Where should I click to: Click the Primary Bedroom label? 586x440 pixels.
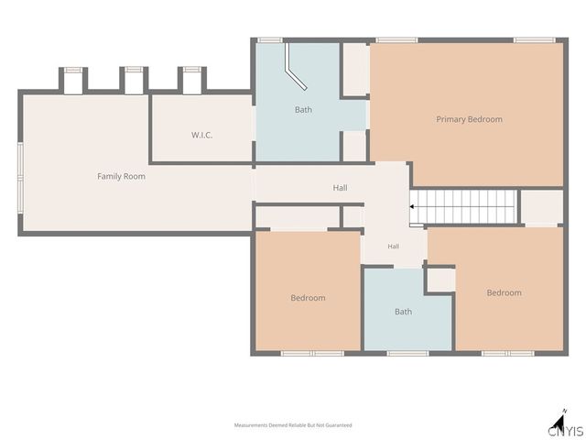pyautogui.click(x=469, y=119)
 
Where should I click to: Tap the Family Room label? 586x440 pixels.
pyautogui.click(x=121, y=176)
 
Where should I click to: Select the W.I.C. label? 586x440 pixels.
pyautogui.click(x=201, y=135)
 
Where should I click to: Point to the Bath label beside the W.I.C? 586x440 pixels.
pyautogui.click(x=303, y=110)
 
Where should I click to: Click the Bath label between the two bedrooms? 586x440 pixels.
pyautogui.click(x=403, y=312)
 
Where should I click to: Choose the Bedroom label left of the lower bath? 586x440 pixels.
pyautogui.click(x=308, y=298)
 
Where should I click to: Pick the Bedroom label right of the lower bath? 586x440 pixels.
pyautogui.click(x=504, y=292)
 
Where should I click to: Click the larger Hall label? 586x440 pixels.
pyautogui.click(x=340, y=188)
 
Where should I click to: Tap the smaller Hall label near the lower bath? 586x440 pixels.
pyautogui.click(x=393, y=247)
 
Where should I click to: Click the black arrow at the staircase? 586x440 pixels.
pyautogui.click(x=411, y=206)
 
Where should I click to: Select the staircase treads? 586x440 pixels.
pyautogui.click(x=463, y=207)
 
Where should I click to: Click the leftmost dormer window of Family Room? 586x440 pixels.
pyautogui.click(x=73, y=70)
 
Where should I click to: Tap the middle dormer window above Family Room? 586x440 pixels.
pyautogui.click(x=134, y=70)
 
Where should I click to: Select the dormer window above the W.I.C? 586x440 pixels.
pyautogui.click(x=192, y=70)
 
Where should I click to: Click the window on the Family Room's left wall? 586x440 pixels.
pyautogui.click(x=20, y=178)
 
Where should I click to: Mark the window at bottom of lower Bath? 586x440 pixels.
pyautogui.click(x=407, y=353)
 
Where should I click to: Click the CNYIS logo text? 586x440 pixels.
pyautogui.click(x=566, y=431)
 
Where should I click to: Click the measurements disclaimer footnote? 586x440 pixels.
pyautogui.click(x=293, y=425)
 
